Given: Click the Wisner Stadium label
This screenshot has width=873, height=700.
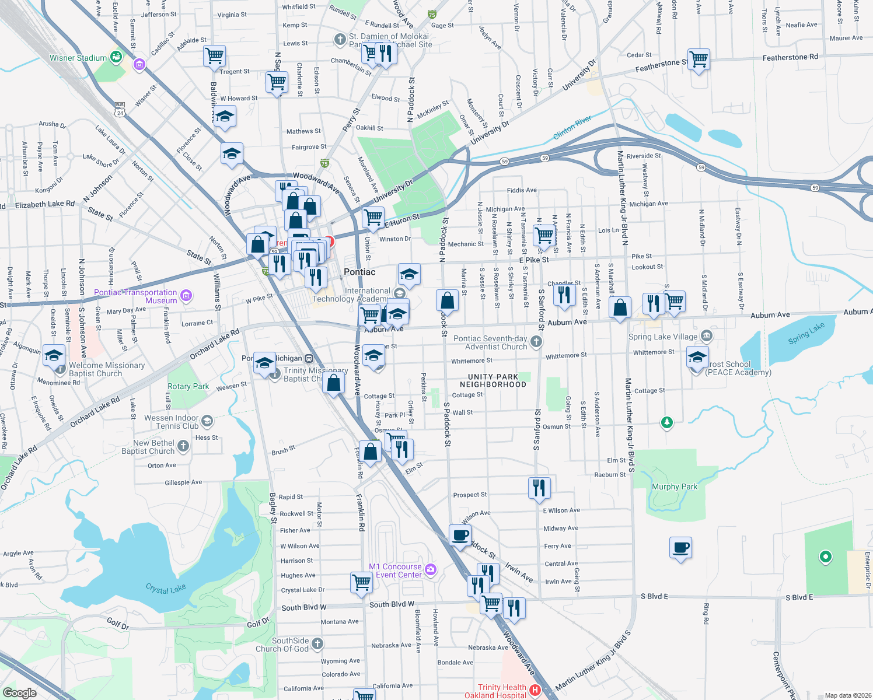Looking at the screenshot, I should click(78, 58).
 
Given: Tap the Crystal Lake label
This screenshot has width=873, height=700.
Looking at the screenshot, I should click(166, 589).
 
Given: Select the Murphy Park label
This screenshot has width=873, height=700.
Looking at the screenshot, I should click(674, 487).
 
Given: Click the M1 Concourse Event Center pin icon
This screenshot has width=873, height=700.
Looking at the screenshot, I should click(431, 569).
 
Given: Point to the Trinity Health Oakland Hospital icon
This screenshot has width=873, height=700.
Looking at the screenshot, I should click(535, 691).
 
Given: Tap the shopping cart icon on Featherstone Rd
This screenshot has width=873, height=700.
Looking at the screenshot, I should click(699, 60).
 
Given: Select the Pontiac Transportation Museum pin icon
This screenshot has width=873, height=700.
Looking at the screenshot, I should click(186, 296).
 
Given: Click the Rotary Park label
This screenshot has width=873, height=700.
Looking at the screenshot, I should click(188, 386).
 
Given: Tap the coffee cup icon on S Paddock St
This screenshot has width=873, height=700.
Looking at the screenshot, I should click(460, 535).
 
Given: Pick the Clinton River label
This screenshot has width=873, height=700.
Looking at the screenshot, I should click(572, 128).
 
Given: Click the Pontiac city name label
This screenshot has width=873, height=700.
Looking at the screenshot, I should click(359, 272).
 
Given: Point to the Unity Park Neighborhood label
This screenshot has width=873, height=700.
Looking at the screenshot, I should click(493, 380).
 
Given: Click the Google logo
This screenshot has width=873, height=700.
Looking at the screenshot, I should click(20, 692).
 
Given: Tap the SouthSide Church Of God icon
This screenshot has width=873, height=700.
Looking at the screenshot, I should click(317, 643).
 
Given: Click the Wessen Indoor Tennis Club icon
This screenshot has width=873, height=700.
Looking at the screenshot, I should click(207, 421).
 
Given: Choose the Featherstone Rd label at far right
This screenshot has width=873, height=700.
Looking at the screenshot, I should click(790, 57).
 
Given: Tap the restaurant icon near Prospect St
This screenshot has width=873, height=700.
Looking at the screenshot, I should click(539, 488).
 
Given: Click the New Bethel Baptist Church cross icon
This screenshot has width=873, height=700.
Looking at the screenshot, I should click(183, 447).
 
